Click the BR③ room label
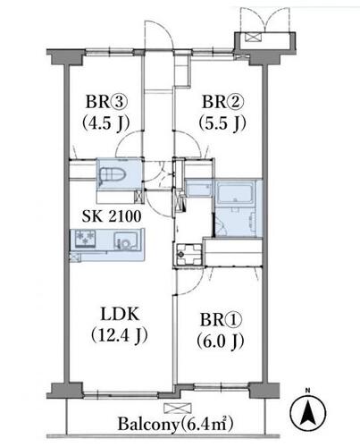click(106, 102)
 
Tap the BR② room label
click(223, 102)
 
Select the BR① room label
click(221, 320)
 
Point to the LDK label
click(120, 314)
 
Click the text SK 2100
click(112, 216)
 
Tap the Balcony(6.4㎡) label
click(175, 424)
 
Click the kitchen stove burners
click(85, 239)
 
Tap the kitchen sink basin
click(126, 240)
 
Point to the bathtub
click(235, 193)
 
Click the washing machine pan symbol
click(188, 254)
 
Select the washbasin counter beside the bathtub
click(198, 189)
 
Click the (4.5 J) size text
click(106, 122)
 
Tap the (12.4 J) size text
click(120, 335)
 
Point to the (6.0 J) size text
click(221, 341)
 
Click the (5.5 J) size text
click(222, 122)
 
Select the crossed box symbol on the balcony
click(178, 409)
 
